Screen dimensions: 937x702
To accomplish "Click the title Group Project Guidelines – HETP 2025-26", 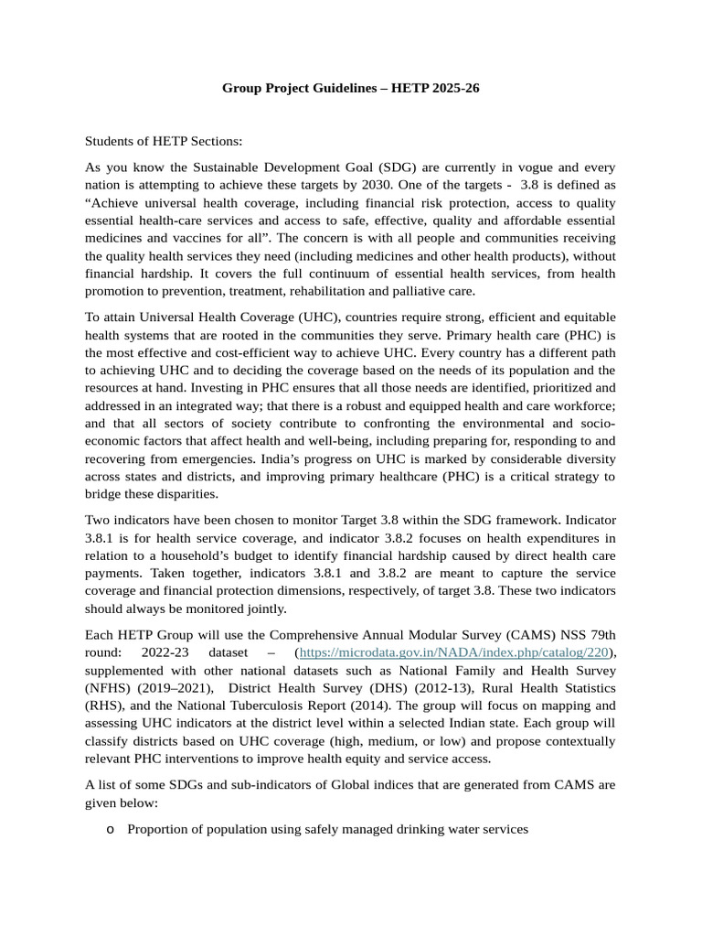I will tap(351, 89).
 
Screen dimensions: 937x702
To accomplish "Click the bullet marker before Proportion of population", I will tap(110, 830).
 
